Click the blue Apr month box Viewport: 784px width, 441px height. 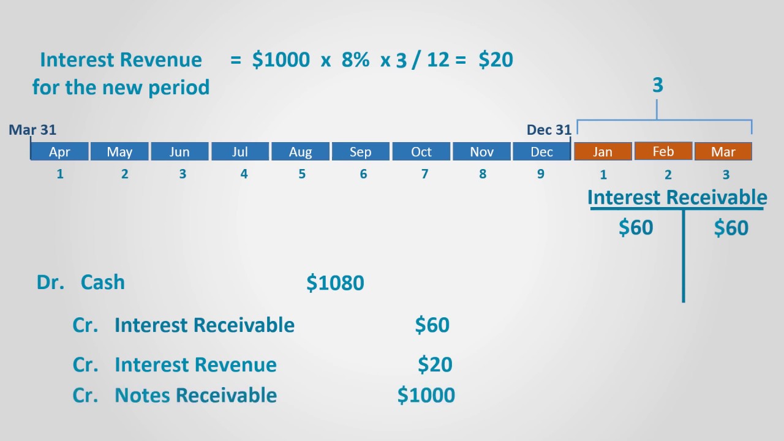tap(59, 152)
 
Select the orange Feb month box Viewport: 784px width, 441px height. tap(663, 151)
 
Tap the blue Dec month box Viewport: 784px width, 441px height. tap(541, 152)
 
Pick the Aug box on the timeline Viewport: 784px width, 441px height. tap(300, 152)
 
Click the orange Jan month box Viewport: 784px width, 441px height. tap(603, 152)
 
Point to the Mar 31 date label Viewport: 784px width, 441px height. tap(32, 130)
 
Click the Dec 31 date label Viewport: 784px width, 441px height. tap(549, 130)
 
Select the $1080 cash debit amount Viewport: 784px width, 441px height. tap(335, 283)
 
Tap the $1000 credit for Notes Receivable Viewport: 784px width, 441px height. tap(426, 395)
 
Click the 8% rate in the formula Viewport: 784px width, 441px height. tap(355, 59)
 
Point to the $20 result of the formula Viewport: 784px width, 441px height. tap(496, 59)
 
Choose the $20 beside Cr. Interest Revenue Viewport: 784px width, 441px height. tap(435, 364)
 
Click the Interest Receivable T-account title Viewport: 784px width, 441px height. tap(677, 197)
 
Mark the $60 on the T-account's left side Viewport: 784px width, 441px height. tap(636, 228)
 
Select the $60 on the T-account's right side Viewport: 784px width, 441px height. tap(731, 228)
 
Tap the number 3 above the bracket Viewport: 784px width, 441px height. tap(658, 86)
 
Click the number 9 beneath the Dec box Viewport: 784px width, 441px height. tap(540, 174)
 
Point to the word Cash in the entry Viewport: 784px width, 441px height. tap(102, 282)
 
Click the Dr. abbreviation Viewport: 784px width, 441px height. tap(50, 282)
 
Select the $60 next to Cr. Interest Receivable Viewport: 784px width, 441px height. tap(432, 325)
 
